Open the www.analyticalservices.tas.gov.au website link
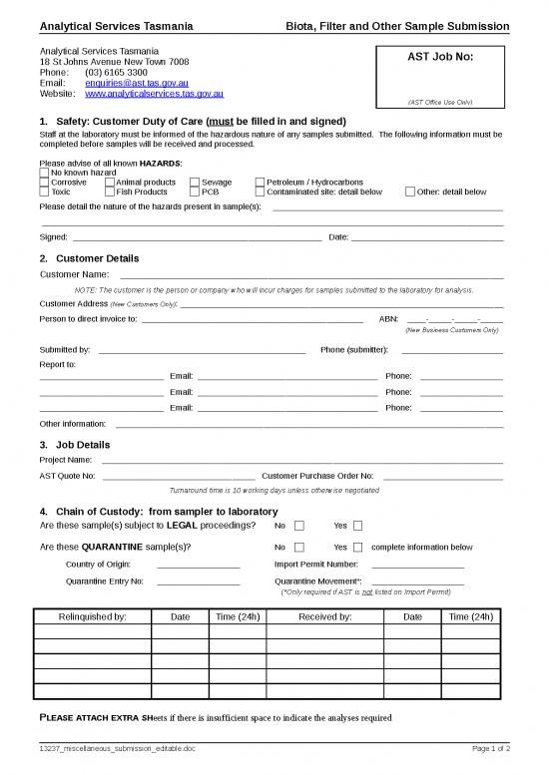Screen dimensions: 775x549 tap(154, 94)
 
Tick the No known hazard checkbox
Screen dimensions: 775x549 tap(44, 173)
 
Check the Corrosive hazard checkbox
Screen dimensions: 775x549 tap(44, 183)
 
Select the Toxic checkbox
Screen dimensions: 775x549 tap(44, 193)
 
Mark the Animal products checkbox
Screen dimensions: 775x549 tap(109, 183)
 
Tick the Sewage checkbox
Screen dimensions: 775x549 tap(194, 183)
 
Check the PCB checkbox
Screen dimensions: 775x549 tap(194, 193)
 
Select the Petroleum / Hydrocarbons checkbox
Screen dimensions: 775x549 tap(260, 183)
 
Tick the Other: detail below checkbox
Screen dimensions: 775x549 tap(409, 193)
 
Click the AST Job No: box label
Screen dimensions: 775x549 tap(440, 57)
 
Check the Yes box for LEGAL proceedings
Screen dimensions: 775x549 tap(358, 526)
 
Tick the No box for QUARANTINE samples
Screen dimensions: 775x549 tap(299, 547)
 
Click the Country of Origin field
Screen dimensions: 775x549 tap(198, 566)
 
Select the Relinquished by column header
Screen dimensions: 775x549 tap(93, 616)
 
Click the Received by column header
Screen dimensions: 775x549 tap(324, 616)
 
